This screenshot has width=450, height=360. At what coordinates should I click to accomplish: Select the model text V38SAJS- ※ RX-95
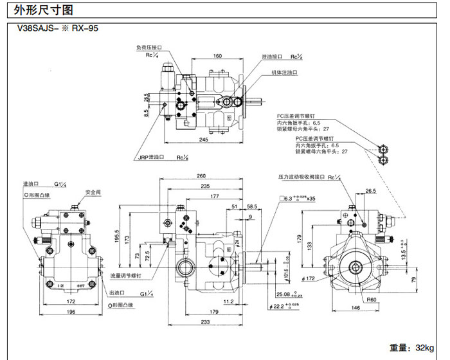(x=59, y=28)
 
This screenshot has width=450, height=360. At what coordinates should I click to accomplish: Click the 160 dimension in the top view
(x=217, y=56)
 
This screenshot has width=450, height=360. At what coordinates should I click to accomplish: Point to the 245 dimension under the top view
(x=203, y=140)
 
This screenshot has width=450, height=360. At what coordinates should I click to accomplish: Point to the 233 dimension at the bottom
(x=206, y=323)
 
